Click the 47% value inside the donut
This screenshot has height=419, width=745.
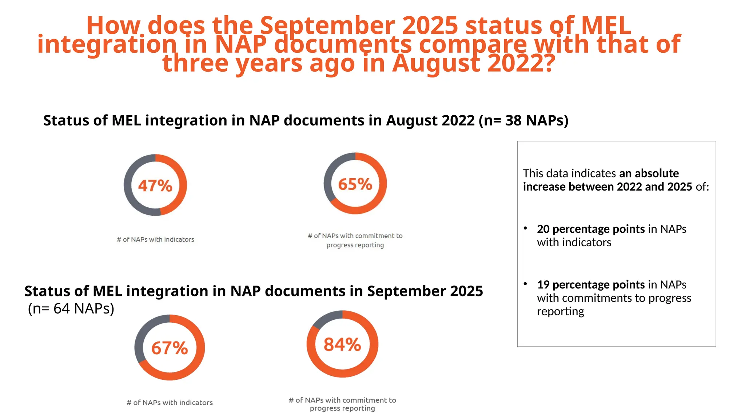pyautogui.click(x=155, y=185)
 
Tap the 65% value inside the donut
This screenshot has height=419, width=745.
pyautogui.click(x=355, y=184)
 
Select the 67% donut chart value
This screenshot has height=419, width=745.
pyautogui.click(x=170, y=348)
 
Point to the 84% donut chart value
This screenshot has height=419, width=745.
pyautogui.click(x=342, y=344)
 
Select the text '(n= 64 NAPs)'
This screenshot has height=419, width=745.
pyautogui.click(x=71, y=308)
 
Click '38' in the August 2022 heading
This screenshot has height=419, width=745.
pyautogui.click(x=513, y=120)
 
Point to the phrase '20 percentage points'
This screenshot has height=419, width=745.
pyautogui.click(x=590, y=229)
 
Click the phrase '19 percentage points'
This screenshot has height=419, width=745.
pyautogui.click(x=590, y=284)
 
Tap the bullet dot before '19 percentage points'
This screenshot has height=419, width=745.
pyautogui.click(x=525, y=283)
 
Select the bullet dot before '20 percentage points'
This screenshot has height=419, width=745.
pyautogui.click(x=525, y=228)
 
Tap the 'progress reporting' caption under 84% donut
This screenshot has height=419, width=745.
pyautogui.click(x=342, y=408)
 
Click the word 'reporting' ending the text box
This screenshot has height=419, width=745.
pyautogui.click(x=560, y=312)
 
